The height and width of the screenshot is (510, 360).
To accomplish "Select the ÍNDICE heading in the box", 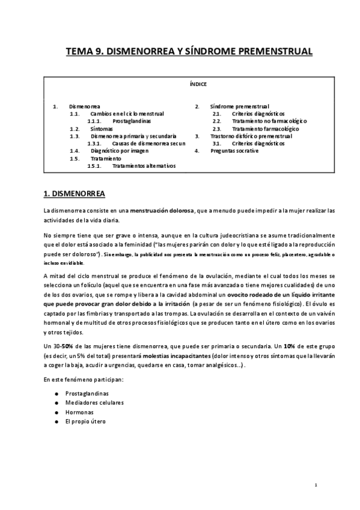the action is pyautogui.click(x=198, y=84).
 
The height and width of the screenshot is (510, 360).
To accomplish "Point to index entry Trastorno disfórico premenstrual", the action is pyautogui.click(x=246, y=136).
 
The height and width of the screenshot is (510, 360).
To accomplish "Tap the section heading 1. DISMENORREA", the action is pyautogui.click(x=75, y=194).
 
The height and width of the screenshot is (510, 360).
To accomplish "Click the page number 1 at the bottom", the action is pyautogui.click(x=316, y=485).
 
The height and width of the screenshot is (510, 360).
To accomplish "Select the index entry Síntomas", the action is pyautogui.click(x=101, y=129).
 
